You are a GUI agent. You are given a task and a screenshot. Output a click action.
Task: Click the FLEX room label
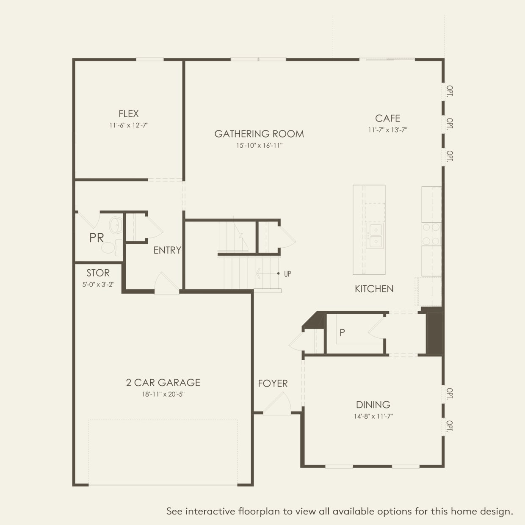click(x=128, y=113)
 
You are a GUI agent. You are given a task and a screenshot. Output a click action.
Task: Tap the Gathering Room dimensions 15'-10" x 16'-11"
click(x=259, y=146)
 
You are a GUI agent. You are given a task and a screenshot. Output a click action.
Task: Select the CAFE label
click(x=387, y=118)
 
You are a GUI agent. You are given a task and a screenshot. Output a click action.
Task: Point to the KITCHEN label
click(x=374, y=289)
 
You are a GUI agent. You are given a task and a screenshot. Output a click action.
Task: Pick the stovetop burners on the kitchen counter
click(x=431, y=234)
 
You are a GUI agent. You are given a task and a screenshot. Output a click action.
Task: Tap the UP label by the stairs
click(x=287, y=274)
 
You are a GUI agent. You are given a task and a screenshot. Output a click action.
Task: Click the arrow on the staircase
click(x=267, y=274)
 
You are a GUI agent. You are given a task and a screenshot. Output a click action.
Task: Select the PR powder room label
click(x=97, y=238)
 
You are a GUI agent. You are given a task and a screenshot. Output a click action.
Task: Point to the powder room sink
click(x=116, y=225)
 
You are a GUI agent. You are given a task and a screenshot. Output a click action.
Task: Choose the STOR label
click(x=98, y=273)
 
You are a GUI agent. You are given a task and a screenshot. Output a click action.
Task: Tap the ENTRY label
click(x=167, y=250)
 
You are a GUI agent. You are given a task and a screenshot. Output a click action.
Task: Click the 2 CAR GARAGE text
click(x=163, y=383)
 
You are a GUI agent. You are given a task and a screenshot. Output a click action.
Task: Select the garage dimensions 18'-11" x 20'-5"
click(x=163, y=395)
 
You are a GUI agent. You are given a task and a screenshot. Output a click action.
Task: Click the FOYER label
click(x=273, y=384)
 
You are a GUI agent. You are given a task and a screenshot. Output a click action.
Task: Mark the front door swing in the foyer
click(x=278, y=404)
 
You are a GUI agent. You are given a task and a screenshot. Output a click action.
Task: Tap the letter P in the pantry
click(x=342, y=333)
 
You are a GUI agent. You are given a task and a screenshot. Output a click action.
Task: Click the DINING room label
click(x=373, y=405)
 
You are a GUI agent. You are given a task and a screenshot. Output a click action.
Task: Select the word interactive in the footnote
click(x=210, y=511)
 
